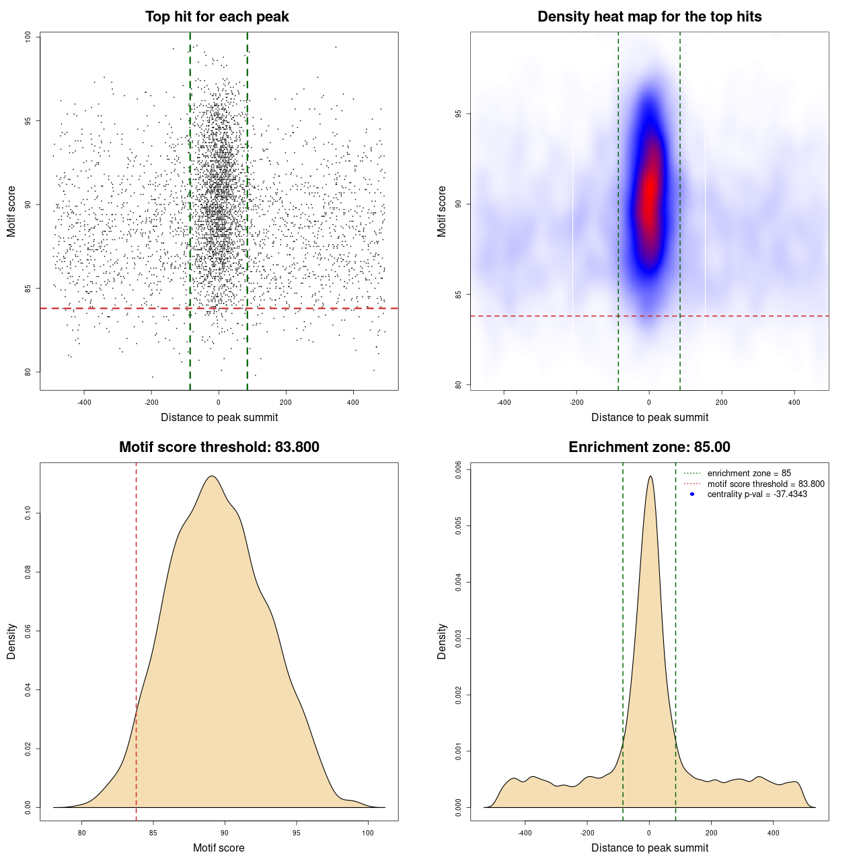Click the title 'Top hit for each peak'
point(217,17)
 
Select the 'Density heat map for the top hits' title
point(649,17)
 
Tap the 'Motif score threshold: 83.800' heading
point(219,447)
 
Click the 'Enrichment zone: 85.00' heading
point(649,447)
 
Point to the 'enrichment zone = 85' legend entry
point(749,474)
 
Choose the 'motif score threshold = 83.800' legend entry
point(765,484)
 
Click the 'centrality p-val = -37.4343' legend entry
point(757,494)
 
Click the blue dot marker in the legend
point(692,494)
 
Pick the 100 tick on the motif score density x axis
point(367,833)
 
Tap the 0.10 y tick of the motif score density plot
point(28,514)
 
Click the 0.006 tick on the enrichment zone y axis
point(458,470)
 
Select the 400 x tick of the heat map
point(794,402)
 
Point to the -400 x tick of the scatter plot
point(84,402)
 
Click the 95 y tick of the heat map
point(458,114)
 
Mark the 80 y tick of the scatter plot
point(28,372)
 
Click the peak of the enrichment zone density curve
point(650,476)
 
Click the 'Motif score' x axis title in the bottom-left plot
point(219,848)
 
